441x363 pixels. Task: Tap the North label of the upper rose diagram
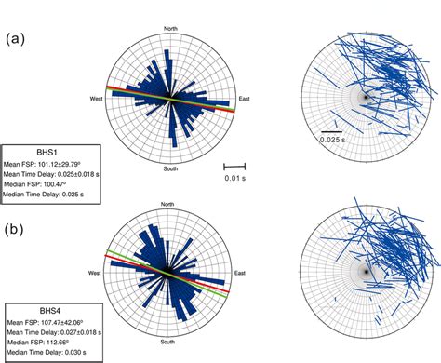pyautogui.click(x=170, y=29)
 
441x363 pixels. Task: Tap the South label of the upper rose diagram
pyautogui.click(x=170, y=168)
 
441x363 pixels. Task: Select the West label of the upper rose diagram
pyautogui.click(x=97, y=98)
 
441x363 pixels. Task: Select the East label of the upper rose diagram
pyautogui.click(x=245, y=98)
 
